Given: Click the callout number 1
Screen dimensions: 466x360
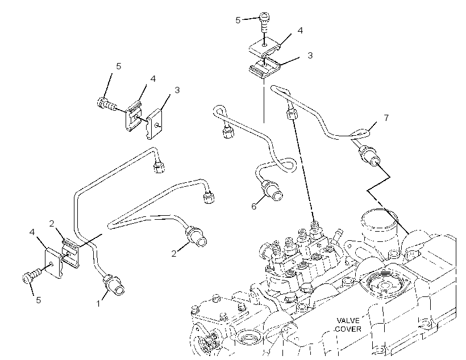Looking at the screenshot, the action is [98, 304].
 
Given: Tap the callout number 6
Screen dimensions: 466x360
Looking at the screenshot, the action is [253, 207].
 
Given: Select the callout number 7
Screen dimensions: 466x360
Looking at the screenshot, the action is [386, 118].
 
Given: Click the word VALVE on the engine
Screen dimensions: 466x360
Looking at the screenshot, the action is [348, 320].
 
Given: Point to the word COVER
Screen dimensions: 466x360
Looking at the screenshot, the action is [348, 329].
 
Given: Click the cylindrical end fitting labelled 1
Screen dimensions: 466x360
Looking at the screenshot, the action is [114, 285].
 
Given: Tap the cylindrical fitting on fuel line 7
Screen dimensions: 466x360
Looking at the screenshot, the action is [369, 157].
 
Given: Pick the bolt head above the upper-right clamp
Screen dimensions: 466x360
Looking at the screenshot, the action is [264, 16].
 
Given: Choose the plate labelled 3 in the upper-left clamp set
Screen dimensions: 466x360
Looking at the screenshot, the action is [155, 124].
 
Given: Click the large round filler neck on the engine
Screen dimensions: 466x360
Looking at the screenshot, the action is [379, 227].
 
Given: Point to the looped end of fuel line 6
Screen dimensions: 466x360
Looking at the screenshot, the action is [219, 111].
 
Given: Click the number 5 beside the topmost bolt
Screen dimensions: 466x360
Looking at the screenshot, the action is [238, 20].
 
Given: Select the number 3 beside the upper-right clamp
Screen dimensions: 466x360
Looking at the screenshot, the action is [310, 56].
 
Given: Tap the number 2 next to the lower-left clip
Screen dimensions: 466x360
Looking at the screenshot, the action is [52, 224].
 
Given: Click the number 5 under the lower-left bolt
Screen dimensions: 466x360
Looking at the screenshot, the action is [38, 300].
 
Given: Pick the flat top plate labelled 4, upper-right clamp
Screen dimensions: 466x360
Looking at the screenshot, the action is [264, 46].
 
